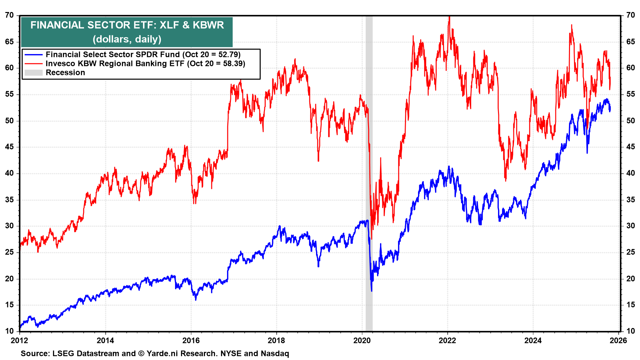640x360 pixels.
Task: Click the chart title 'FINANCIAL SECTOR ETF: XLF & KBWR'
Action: tap(127, 25)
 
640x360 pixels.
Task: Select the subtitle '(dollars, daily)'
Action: tap(127, 39)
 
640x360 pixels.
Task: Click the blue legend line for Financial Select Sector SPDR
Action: tap(33, 55)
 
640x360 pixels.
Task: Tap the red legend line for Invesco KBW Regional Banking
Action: tap(33, 64)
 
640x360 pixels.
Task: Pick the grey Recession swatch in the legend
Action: tap(33, 73)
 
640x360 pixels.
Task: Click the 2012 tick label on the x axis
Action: tap(20, 340)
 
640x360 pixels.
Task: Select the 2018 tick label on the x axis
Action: tap(276, 340)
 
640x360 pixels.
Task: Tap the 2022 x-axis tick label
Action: tap(447, 340)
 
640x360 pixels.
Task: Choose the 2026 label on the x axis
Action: tap(619, 340)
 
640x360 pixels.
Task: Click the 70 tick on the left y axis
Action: tap(9, 15)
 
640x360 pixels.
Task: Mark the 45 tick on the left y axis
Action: tap(9, 147)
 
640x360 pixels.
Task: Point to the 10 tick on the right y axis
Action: tap(630, 331)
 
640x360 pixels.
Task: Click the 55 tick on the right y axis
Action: tap(630, 94)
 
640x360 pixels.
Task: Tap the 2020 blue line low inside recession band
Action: tap(372, 291)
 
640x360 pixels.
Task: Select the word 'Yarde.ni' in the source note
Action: tap(162, 354)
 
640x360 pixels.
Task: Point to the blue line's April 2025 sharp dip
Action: tap(587, 153)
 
